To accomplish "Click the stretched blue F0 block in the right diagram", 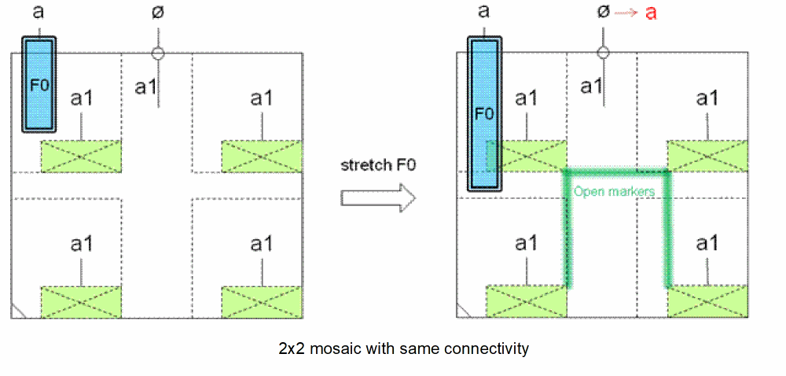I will (x=484, y=112).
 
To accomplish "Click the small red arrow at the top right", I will (x=627, y=12).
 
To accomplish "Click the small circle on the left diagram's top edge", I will (x=158, y=53).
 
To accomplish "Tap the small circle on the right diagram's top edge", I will (x=603, y=53).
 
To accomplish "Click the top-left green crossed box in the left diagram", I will (x=81, y=157).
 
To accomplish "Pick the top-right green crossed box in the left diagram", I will (x=262, y=157).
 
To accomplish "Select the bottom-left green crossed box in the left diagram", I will (x=81, y=302).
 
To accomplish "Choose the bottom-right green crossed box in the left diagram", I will (x=262, y=302).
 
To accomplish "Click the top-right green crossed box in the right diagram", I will (x=707, y=156).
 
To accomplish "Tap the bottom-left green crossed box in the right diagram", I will (x=526, y=301).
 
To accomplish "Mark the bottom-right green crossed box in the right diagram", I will (x=707, y=301).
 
